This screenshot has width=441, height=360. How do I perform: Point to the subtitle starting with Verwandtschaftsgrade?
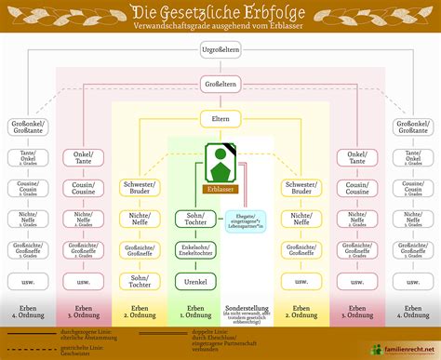click(220, 29)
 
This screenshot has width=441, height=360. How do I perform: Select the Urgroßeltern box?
click(220, 47)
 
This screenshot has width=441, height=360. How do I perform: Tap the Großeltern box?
click(220, 84)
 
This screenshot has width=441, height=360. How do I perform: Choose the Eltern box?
click(220, 119)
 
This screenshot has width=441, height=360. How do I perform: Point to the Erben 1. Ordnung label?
click(195, 311)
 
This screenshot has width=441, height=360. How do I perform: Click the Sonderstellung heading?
click(246, 307)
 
